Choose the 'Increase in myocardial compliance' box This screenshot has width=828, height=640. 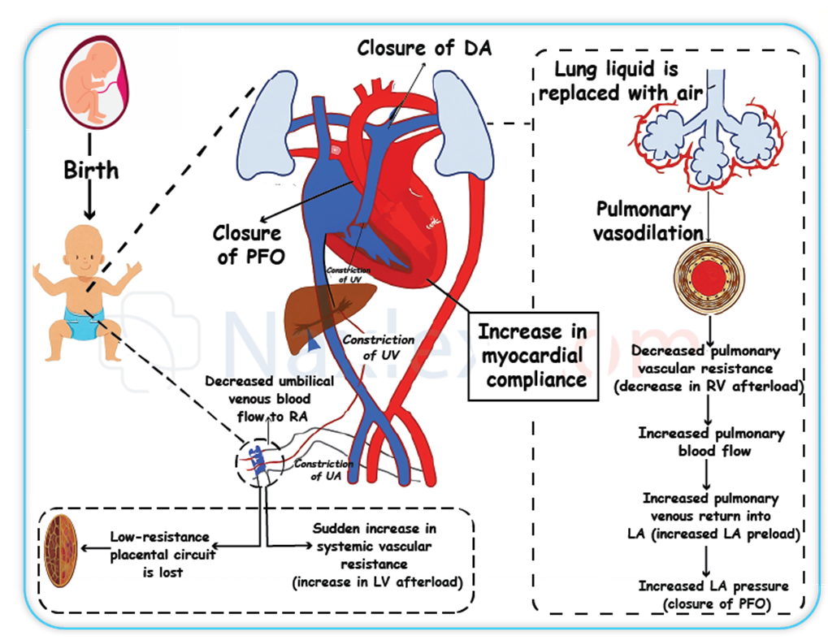pyautogui.click(x=532, y=355)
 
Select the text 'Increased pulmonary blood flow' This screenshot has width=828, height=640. pyautogui.click(x=712, y=442)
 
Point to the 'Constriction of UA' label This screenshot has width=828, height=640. pyautogui.click(x=323, y=470)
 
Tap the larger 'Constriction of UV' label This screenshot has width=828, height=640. pyautogui.click(x=378, y=347)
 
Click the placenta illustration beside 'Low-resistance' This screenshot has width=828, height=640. pyautogui.click(x=61, y=549)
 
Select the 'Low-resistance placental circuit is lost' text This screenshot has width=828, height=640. pyautogui.click(x=160, y=552)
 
